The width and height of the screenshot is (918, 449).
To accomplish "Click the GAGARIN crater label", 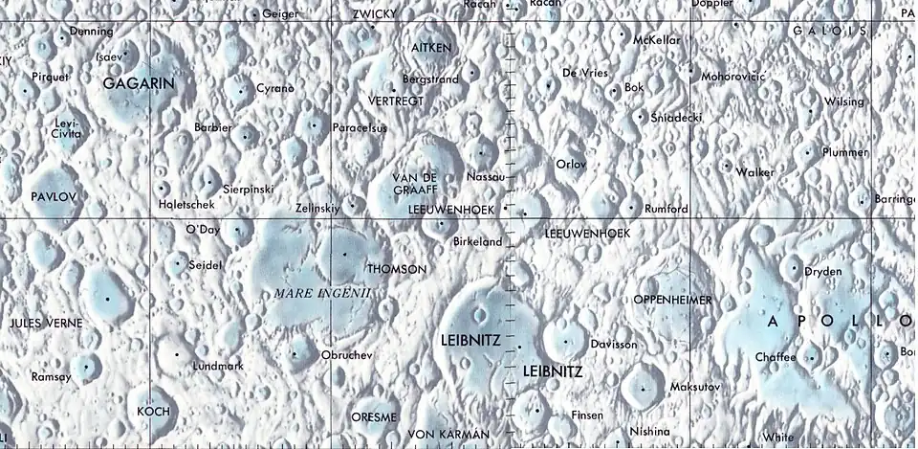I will [x=139, y=83].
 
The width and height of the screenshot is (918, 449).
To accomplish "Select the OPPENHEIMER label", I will [x=672, y=300].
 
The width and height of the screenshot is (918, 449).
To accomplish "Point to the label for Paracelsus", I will [x=359, y=127].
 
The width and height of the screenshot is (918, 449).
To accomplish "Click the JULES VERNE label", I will [x=46, y=323].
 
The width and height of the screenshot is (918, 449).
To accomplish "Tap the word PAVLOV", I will [x=53, y=195].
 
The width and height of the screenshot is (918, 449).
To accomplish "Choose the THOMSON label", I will [x=397, y=269].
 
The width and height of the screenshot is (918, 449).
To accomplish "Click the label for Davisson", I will [x=614, y=344].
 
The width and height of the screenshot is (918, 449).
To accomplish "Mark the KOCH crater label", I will [x=153, y=411].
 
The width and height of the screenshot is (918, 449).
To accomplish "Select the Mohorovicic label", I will [x=733, y=76].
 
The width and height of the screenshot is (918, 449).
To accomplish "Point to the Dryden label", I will [x=822, y=271].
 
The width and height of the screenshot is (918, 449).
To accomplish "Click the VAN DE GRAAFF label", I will [x=415, y=183].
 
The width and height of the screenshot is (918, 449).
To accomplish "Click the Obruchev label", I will [x=345, y=355].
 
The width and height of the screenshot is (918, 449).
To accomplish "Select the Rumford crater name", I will [x=666, y=209].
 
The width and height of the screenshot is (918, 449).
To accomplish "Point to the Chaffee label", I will [x=775, y=356].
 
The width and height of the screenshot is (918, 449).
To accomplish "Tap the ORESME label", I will [x=374, y=417].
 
